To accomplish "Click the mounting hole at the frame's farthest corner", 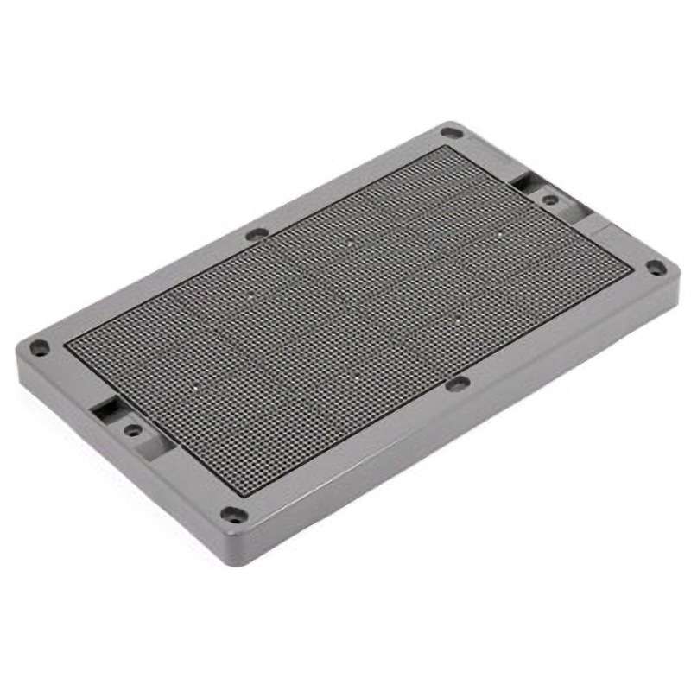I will (x=450, y=132).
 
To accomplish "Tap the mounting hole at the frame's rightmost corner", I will (x=656, y=268).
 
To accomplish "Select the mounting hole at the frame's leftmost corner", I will (x=39, y=348).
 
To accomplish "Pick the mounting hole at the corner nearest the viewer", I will (x=232, y=515).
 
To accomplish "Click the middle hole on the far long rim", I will (x=257, y=233).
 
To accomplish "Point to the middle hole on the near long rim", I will (x=458, y=383).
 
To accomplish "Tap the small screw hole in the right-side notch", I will (x=550, y=200).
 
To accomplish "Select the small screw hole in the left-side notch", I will (x=132, y=428).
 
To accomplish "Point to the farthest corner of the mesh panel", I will (x=445, y=148).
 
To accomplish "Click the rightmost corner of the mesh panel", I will (x=631, y=271).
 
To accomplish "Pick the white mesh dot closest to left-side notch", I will (x=195, y=386).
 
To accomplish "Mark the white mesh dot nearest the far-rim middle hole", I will (x=251, y=294).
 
